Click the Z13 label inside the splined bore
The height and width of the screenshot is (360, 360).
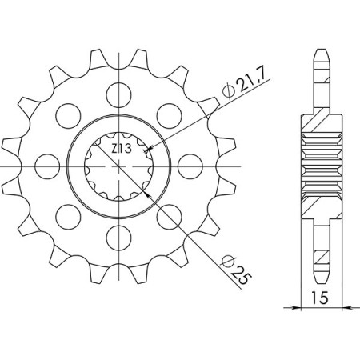[120, 148]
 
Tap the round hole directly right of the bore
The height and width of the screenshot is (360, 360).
[193, 165]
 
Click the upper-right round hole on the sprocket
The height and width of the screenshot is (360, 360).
[171, 113]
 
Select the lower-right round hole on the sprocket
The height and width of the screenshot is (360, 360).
[171, 217]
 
